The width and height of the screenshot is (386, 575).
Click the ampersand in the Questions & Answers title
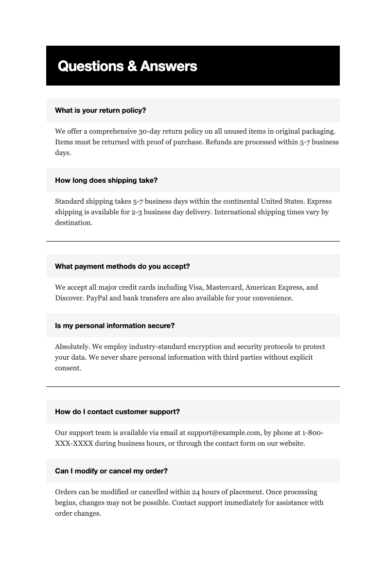click(x=132, y=66)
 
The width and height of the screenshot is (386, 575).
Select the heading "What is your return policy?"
click(x=101, y=110)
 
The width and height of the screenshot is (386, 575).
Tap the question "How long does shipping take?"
click(x=106, y=180)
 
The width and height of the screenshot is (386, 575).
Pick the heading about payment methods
click(x=123, y=266)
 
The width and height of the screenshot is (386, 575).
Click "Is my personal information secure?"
click(x=115, y=326)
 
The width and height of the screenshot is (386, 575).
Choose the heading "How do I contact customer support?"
click(x=118, y=412)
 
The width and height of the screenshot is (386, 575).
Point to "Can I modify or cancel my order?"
click(x=111, y=471)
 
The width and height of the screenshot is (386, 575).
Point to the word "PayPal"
click(x=97, y=298)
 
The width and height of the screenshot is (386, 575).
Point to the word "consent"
click(x=67, y=368)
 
